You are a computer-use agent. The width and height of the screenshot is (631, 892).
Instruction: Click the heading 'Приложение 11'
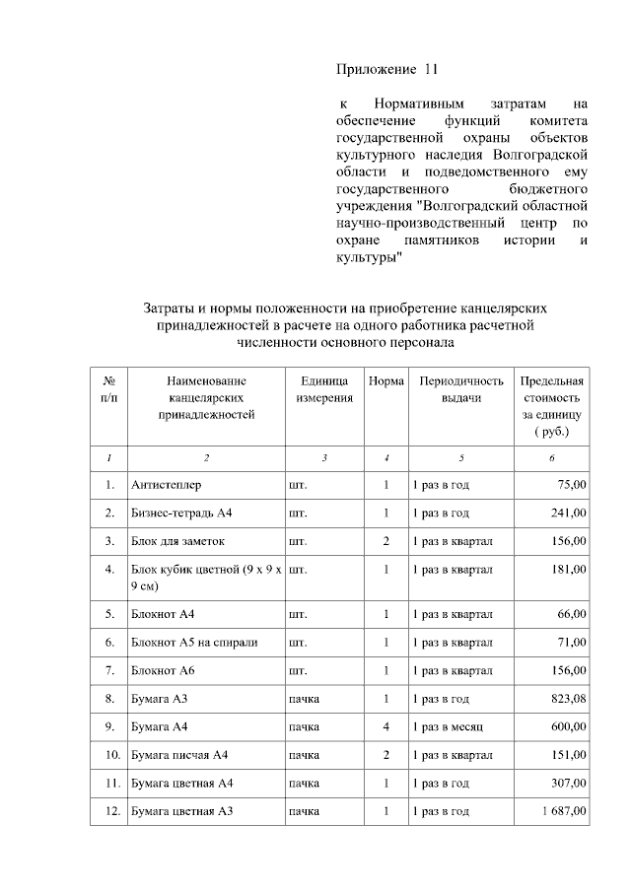pyautogui.click(x=386, y=69)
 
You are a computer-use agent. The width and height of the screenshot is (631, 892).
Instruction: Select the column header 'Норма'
pyautogui.click(x=386, y=380)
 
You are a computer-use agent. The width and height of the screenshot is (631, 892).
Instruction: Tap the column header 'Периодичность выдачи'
pyautogui.click(x=461, y=388)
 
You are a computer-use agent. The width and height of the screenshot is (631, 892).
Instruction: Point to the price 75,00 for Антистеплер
pyautogui.click(x=571, y=485)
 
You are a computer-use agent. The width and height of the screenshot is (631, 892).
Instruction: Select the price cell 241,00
pyautogui.click(x=568, y=514)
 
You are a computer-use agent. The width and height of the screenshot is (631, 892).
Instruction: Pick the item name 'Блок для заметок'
pyautogui.click(x=178, y=542)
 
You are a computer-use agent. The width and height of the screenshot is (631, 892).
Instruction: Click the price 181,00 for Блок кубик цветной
pyautogui.click(x=568, y=570)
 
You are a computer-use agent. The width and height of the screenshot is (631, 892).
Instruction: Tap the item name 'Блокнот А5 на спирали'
pyautogui.click(x=194, y=643)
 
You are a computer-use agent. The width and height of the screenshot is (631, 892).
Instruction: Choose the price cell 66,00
pyautogui.click(x=571, y=614)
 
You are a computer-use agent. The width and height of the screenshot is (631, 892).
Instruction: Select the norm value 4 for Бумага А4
pyautogui.click(x=386, y=727)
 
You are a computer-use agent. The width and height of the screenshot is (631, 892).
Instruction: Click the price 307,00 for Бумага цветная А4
pyautogui.click(x=568, y=784)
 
